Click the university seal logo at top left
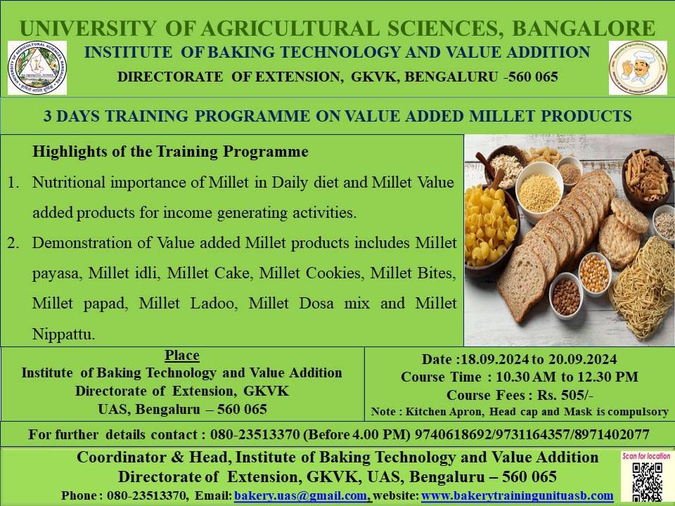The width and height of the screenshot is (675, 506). click(37, 67)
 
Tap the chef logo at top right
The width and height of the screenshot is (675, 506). click(638, 67)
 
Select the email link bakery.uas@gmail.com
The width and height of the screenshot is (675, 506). click(300, 495)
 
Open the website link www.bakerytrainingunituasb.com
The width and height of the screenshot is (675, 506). click(517, 495)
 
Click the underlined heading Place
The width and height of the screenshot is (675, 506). click(181, 356)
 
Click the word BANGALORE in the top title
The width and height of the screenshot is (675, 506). click(584, 28)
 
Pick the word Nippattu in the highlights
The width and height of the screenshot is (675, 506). click(64, 335)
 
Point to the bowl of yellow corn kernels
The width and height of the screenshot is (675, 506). click(594, 273)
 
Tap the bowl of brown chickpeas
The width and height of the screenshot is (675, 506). click(566, 296)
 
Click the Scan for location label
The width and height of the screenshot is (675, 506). click(646, 455)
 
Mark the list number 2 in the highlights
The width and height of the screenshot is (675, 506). click(13, 243)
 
